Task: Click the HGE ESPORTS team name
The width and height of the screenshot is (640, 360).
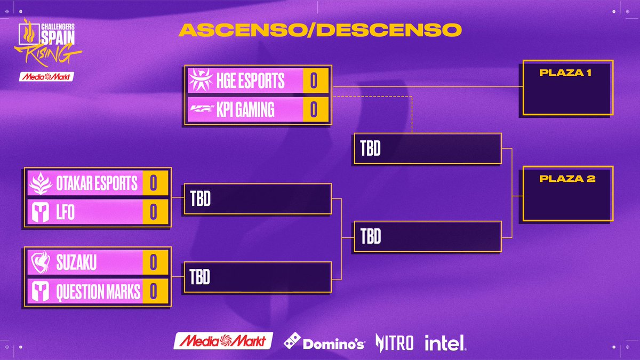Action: coord(250,81)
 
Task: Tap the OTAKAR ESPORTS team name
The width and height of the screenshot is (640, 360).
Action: coord(97,183)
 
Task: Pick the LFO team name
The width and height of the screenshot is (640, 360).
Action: coord(65,212)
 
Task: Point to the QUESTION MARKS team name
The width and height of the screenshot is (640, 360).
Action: coord(98,291)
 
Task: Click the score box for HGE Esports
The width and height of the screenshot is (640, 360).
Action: coord(314,81)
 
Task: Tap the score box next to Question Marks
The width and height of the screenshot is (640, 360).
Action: coord(154,291)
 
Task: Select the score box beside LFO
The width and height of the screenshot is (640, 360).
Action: coord(154,212)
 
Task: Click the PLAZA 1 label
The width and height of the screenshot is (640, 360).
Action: coord(565,73)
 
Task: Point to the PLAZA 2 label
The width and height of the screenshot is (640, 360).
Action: coord(567,179)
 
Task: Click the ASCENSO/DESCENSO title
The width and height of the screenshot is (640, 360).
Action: coord(320,30)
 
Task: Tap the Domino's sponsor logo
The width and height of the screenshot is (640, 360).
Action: coord(324,342)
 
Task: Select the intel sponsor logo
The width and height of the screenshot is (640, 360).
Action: coord(445,342)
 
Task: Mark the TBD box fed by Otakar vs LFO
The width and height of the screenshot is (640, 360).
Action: coord(257,199)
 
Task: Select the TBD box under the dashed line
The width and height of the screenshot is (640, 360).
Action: coord(426,149)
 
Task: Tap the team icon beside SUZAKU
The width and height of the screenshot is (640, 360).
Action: coord(41,262)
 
